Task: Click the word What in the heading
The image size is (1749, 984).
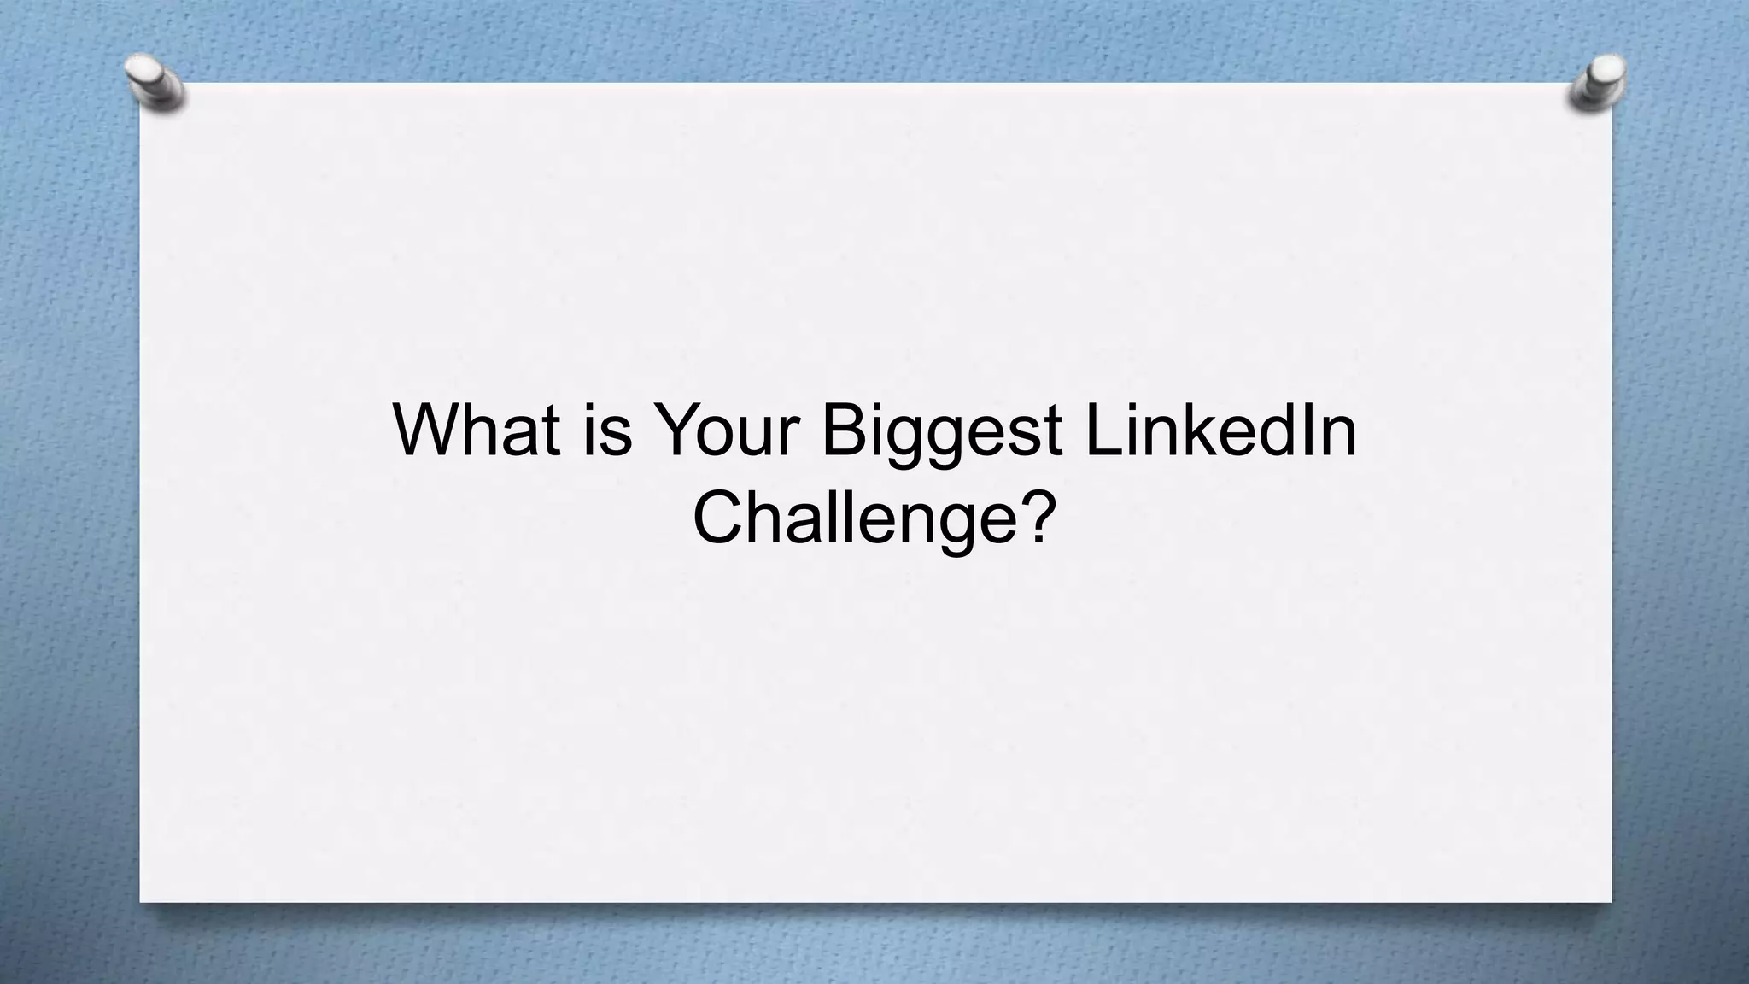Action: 477,429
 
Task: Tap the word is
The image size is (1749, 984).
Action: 608,429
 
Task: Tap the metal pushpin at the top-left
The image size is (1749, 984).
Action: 155,83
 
